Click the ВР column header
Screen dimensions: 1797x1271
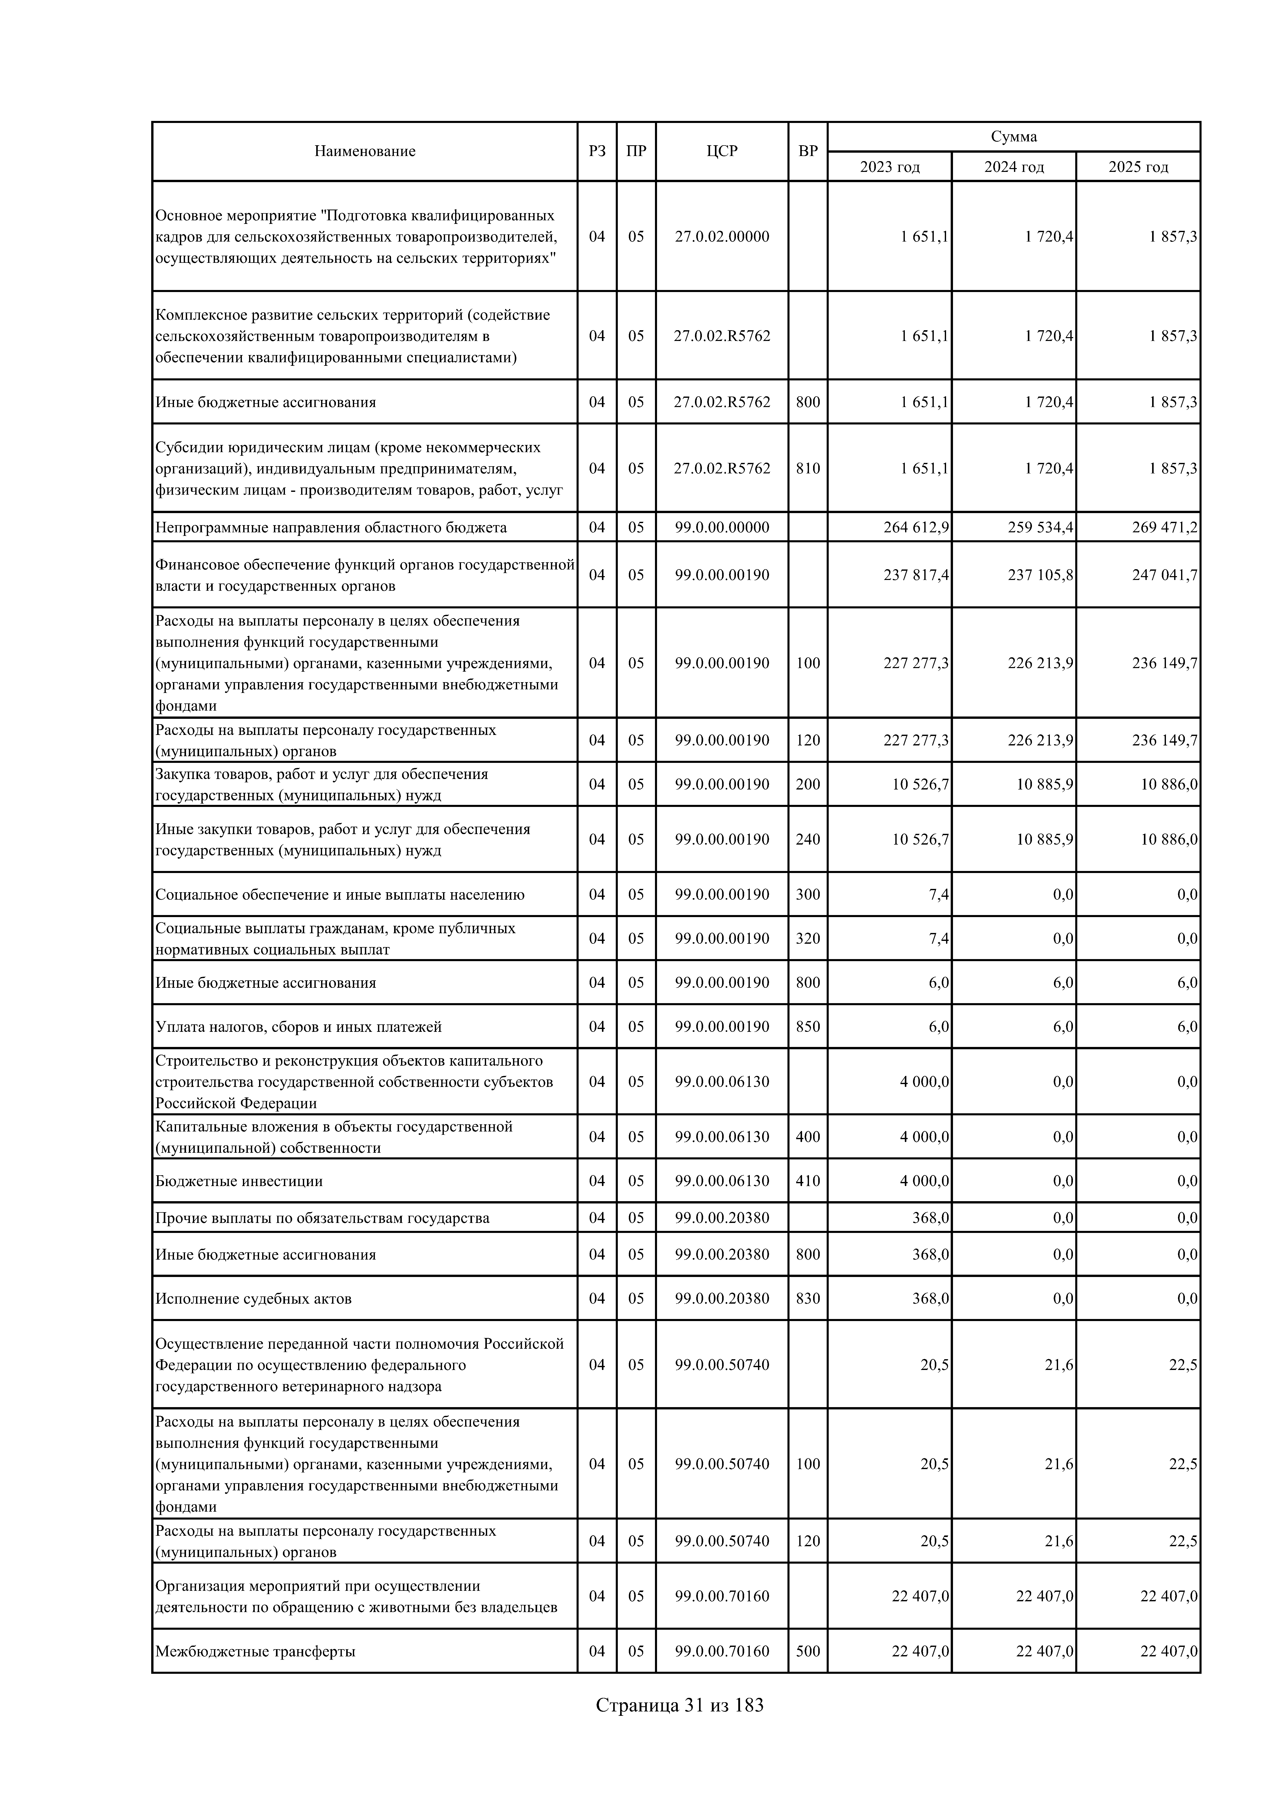pyautogui.click(x=807, y=151)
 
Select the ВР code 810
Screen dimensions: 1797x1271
pyautogui.click(x=807, y=468)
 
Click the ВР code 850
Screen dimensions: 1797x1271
pyautogui.click(x=807, y=1026)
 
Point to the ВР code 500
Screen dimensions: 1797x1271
pyautogui.click(x=807, y=1651)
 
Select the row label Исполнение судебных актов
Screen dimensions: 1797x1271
pyautogui.click(x=253, y=1299)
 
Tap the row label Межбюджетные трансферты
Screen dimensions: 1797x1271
pyautogui.click(x=255, y=1651)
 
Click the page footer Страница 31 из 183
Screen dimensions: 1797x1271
pyautogui.click(x=679, y=1705)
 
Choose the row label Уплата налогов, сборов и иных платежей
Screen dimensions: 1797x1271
pyautogui.click(x=298, y=1026)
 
